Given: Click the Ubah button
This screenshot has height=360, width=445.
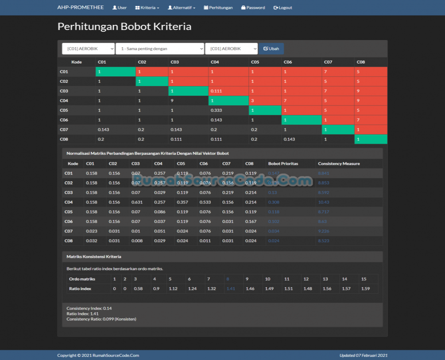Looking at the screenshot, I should click(x=271, y=49).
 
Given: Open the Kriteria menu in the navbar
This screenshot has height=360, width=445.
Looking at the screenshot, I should click(x=147, y=8).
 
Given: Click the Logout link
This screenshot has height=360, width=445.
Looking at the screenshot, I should click(x=282, y=8).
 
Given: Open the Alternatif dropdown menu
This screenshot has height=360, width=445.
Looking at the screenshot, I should click(x=182, y=8).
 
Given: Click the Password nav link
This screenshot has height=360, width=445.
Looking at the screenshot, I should click(x=253, y=8).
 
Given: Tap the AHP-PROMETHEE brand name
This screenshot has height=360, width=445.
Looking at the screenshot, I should click(x=80, y=8).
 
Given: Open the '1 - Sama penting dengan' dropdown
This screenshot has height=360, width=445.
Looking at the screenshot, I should click(x=159, y=49).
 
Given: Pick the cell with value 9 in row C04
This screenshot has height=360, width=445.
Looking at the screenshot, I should click(x=172, y=101).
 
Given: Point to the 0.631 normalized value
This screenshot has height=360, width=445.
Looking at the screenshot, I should click(x=136, y=202).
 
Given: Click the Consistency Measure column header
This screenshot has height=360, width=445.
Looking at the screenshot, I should click(x=339, y=163).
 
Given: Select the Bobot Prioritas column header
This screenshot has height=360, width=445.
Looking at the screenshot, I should click(x=283, y=163).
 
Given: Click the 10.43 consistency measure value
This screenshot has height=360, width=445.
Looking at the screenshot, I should click(x=323, y=202).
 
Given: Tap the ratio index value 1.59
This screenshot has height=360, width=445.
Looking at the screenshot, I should click(x=365, y=289).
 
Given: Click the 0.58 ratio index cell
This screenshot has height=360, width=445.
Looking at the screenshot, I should click(x=138, y=289).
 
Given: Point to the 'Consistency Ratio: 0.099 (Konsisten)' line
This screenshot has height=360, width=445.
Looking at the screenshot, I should click(x=101, y=319).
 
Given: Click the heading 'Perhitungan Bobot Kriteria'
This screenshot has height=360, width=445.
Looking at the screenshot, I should click(x=124, y=27).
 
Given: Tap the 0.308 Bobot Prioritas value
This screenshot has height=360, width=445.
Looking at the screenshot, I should click(x=274, y=202).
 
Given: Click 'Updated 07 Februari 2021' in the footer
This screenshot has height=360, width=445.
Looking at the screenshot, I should click(x=363, y=355).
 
